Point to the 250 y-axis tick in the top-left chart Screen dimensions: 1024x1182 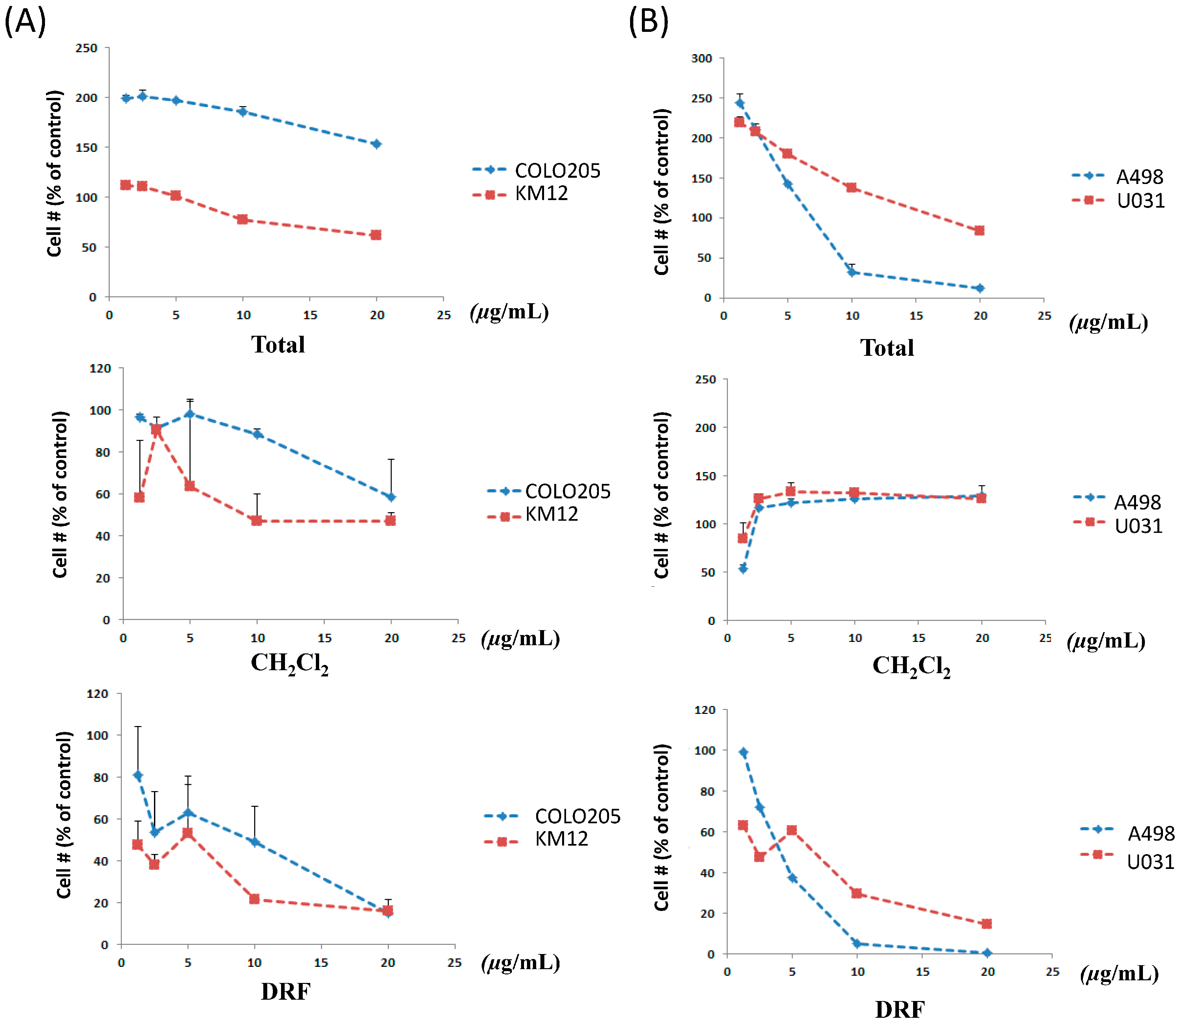pyautogui.click(x=86, y=48)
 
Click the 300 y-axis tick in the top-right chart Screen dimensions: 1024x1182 pyautogui.click(x=701, y=58)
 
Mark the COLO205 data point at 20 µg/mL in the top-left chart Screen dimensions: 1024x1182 pyautogui.click(x=376, y=144)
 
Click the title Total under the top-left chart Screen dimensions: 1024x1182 pyautogui.click(x=278, y=345)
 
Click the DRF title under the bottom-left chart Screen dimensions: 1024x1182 pyautogui.click(x=286, y=991)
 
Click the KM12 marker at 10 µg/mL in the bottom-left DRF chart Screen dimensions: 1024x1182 pyautogui.click(x=254, y=899)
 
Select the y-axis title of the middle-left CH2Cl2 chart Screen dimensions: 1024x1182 pyautogui.click(x=60, y=494)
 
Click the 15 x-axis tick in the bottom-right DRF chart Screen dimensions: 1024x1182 pyautogui.click(x=922, y=971)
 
